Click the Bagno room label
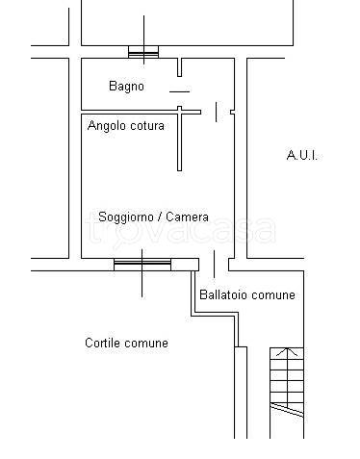click(126, 87)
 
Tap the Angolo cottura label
click(126, 126)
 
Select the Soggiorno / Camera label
click(153, 217)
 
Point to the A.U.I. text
click(301, 155)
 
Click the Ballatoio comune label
click(246, 294)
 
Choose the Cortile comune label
click(126, 343)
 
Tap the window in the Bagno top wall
click(143, 53)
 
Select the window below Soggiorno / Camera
click(142, 262)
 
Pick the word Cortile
click(102, 343)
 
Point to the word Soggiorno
click(126, 217)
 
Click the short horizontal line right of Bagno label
click(179, 91)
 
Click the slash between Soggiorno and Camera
click(160, 217)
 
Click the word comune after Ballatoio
click(273, 294)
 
